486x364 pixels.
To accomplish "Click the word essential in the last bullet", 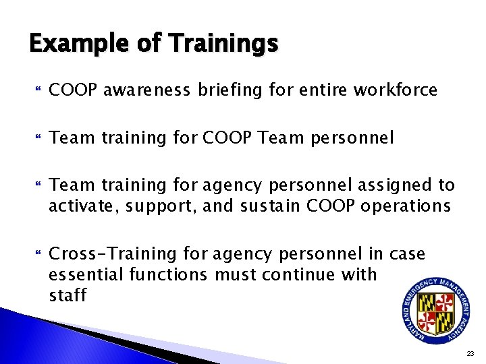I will tap(85, 274).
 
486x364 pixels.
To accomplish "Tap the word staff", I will tap(67, 295).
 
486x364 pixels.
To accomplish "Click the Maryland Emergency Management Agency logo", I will tap(435, 306).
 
